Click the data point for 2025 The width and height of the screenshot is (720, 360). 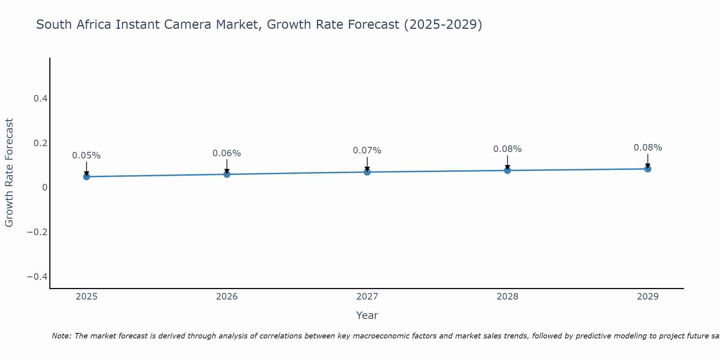[x=86, y=176]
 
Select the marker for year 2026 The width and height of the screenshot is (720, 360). [x=227, y=174]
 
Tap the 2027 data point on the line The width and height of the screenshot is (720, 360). [x=367, y=172]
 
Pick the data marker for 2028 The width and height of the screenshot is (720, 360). [x=507, y=170]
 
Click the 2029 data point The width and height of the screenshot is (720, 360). [x=648, y=169]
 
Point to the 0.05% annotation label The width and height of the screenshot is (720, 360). [x=86, y=156]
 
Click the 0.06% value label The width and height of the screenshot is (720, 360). [x=227, y=153]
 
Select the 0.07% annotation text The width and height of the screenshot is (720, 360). [x=367, y=150]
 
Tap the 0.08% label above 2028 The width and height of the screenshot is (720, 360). [x=507, y=149]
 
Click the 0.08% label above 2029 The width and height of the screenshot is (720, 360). [x=648, y=148]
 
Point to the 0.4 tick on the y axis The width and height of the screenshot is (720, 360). [x=40, y=98]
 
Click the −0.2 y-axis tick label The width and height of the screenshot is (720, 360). [x=37, y=232]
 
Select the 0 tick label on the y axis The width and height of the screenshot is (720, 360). [x=45, y=187]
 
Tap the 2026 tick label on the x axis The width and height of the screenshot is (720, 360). [x=227, y=297]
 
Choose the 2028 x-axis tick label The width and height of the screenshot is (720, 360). [x=507, y=297]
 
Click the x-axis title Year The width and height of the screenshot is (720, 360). [x=367, y=315]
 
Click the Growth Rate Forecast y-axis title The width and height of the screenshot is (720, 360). [x=9, y=172]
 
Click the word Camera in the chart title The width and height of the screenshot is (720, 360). [x=187, y=24]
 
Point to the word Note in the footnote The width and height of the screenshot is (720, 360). [x=61, y=336]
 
